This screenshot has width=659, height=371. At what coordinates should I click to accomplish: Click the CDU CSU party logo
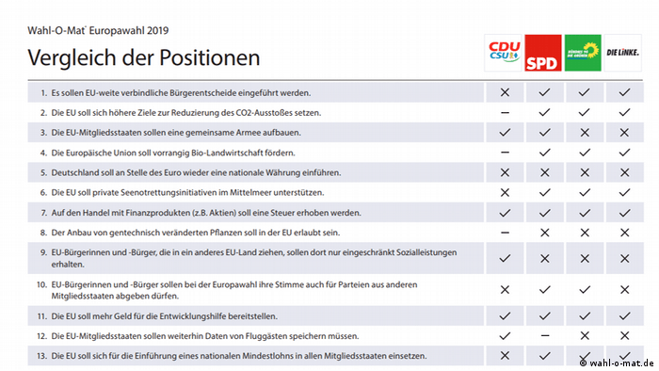504,54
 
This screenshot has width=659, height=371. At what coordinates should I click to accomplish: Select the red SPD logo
542,54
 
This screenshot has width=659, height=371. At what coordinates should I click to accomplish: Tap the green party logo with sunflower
583,54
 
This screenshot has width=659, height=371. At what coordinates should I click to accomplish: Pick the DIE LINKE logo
622,54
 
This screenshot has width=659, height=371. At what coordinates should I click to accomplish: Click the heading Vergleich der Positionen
144,58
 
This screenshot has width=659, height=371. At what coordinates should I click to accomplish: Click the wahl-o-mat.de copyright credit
616,363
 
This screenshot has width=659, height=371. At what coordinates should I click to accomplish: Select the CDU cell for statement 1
505,92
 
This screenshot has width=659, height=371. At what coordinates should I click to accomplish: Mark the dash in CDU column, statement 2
505,112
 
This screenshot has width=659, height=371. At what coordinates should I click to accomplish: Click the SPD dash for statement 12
543,335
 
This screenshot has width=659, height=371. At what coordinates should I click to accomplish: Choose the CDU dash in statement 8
505,232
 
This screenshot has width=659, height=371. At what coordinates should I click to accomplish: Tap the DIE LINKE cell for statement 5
622,172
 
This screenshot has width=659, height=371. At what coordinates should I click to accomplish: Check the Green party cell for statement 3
583,132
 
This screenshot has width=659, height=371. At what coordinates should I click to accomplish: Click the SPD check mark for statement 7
543,212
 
